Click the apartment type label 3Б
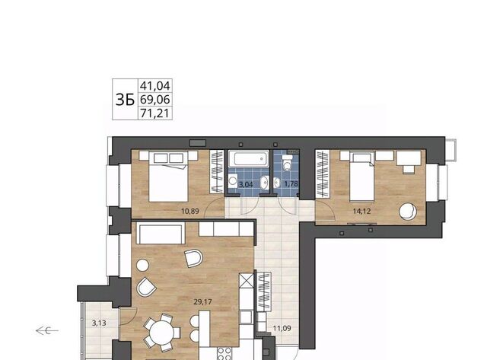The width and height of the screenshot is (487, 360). (x=125, y=100)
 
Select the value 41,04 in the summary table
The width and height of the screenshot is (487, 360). (x=155, y=86)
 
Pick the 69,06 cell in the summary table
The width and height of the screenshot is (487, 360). (x=155, y=100)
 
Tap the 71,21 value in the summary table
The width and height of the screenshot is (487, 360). (x=155, y=113)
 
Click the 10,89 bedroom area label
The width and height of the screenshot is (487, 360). (x=190, y=212)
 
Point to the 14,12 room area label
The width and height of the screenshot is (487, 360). (x=362, y=212)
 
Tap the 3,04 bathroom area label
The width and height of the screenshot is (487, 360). (x=246, y=184)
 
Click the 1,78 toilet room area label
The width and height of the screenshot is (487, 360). (x=291, y=184)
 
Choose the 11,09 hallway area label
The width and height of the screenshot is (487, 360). (x=282, y=328)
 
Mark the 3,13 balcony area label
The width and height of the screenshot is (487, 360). (x=99, y=323)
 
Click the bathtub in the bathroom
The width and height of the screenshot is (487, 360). (x=249, y=159)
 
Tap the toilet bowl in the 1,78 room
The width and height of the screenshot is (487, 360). (x=287, y=164)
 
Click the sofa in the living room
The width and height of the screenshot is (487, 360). (x=161, y=233)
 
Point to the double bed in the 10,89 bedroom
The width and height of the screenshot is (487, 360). (x=169, y=177)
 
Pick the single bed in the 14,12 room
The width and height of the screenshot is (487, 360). (x=362, y=177)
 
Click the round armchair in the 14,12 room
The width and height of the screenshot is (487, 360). (x=408, y=212)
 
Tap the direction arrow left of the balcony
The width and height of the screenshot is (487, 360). (x=47, y=330)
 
